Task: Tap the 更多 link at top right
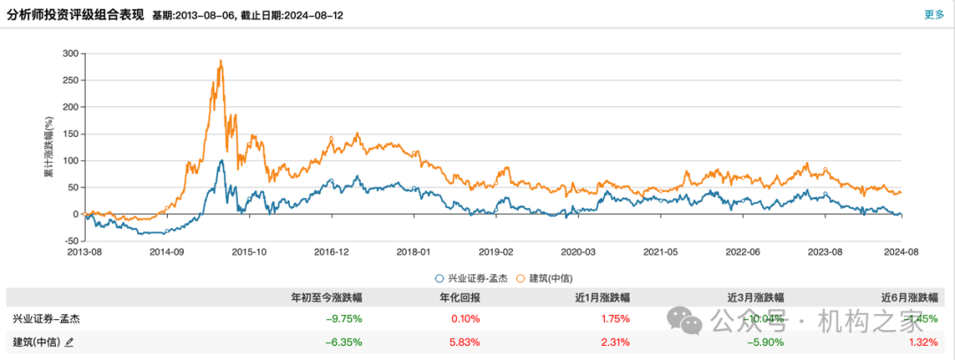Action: click(x=934, y=14)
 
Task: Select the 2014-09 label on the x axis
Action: click(x=166, y=252)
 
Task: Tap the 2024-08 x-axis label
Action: click(x=900, y=252)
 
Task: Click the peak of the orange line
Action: click(x=220, y=61)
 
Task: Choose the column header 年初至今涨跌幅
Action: click(x=327, y=296)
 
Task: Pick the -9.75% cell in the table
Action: click(x=345, y=318)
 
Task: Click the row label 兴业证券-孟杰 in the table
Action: click(x=40, y=318)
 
